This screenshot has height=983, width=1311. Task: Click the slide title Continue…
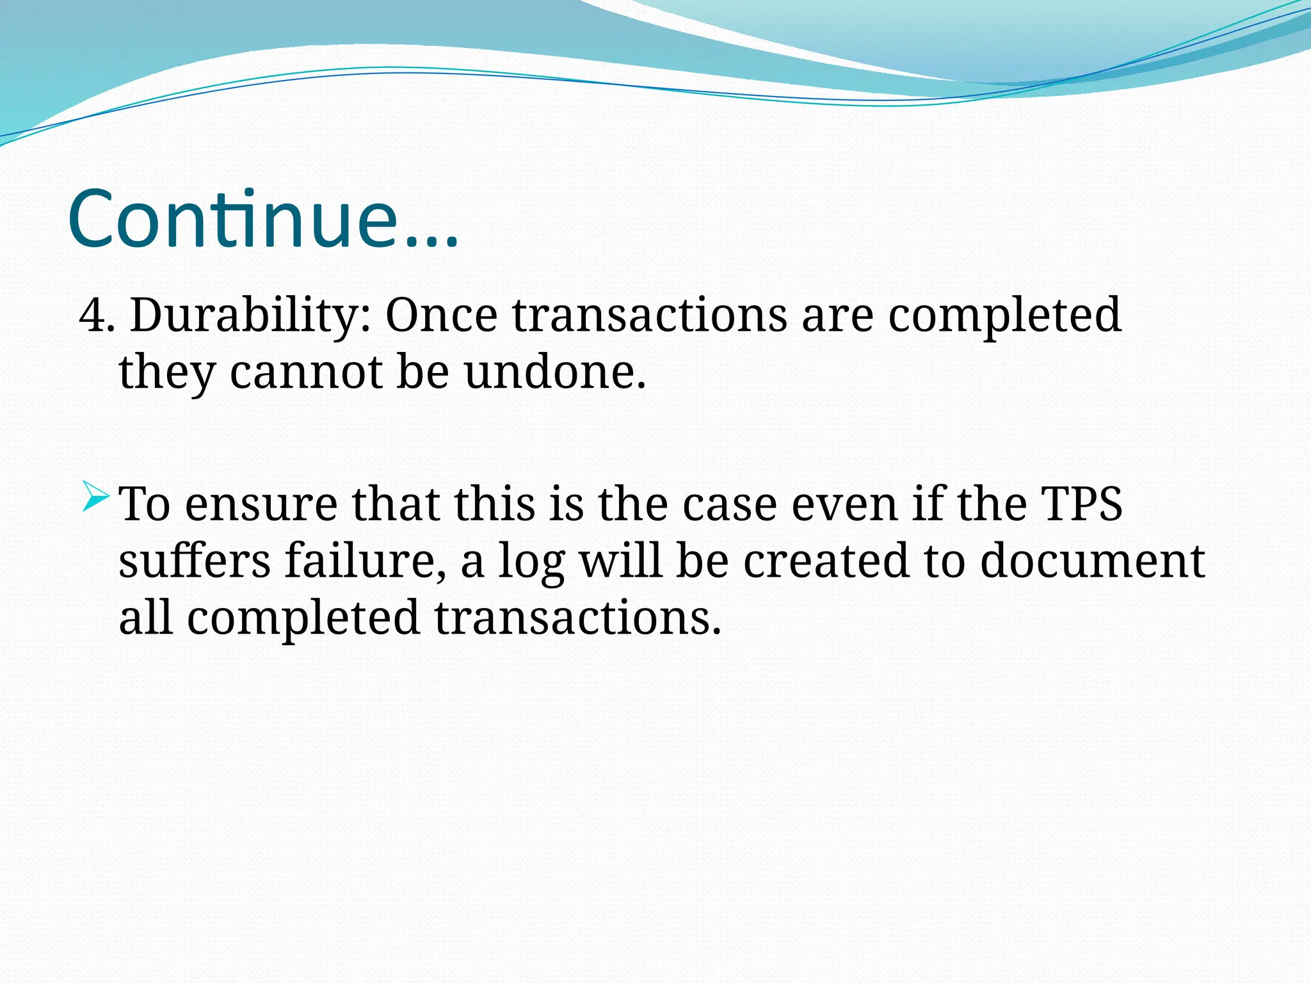coord(262,219)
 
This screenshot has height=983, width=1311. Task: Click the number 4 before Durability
coord(92,316)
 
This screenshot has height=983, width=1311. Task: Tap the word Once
coord(441,316)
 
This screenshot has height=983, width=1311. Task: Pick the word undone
coord(554,372)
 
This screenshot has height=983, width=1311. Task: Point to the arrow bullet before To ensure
coord(97,497)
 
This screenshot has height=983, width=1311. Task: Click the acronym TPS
coord(1081,504)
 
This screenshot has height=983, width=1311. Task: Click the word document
coord(1092,561)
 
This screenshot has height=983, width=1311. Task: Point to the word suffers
coord(195,561)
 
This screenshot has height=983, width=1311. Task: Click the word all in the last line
coord(145,618)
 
